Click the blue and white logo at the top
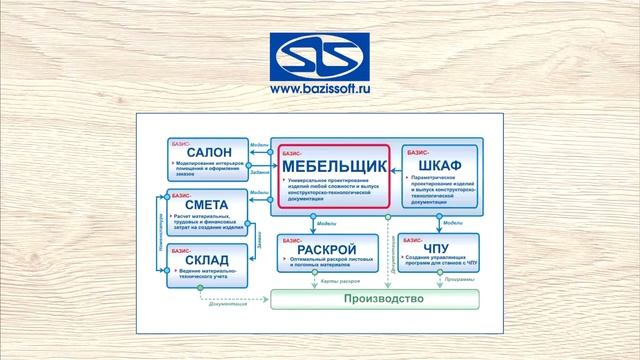[x=319, y=53]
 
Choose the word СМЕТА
[x=209, y=206]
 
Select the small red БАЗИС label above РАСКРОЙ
[x=293, y=239]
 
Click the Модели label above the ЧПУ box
[x=452, y=223]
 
